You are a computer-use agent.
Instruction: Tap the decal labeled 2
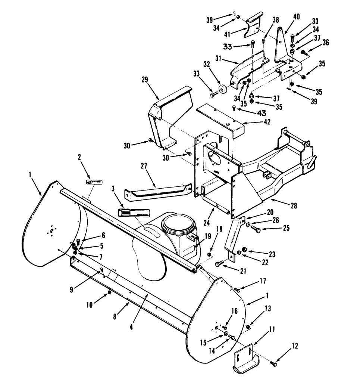94,182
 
